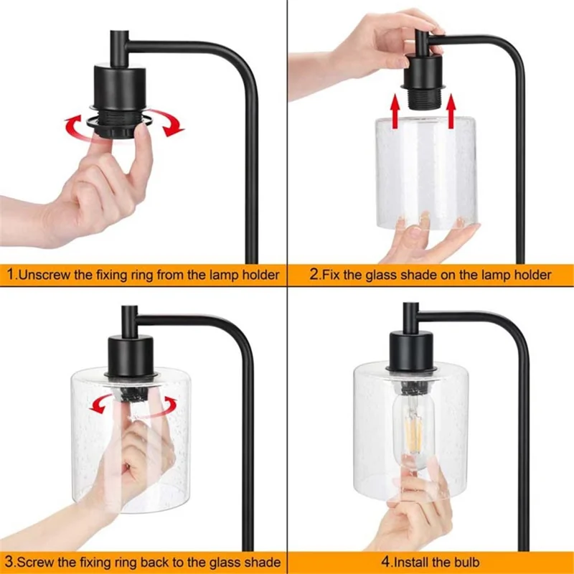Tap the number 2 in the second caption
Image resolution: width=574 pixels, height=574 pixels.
[314, 275]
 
